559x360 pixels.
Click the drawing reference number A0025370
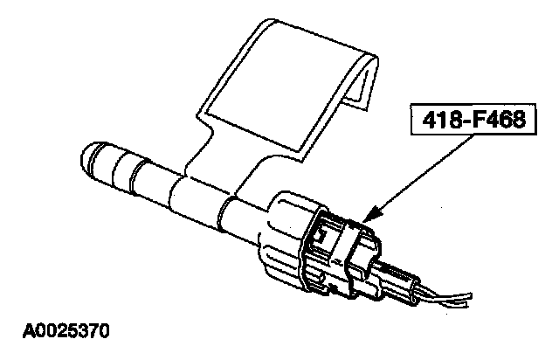click(61, 332)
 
